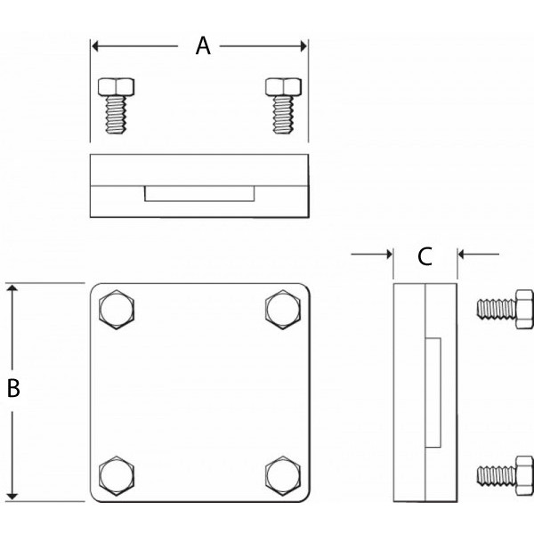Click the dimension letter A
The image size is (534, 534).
(x=203, y=46)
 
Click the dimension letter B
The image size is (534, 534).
(x=13, y=389)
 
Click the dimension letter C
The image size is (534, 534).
(x=425, y=256)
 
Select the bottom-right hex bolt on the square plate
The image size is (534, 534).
(x=284, y=473)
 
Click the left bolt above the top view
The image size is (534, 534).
(x=116, y=105)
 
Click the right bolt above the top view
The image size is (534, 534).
(x=284, y=105)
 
